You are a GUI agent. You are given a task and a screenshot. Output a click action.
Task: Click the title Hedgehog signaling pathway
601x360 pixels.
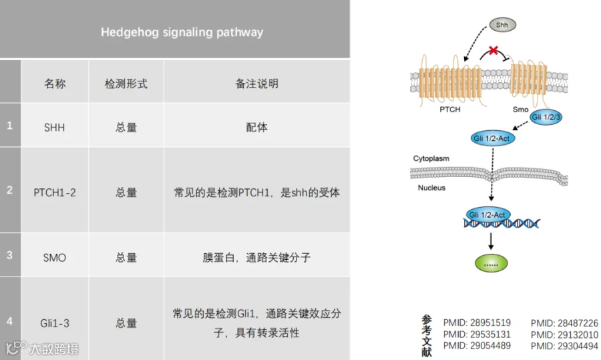(182, 32)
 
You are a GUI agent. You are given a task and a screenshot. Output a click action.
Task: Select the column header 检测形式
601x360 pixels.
(126, 83)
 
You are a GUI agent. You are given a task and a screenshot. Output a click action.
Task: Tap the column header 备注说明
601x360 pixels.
(257, 83)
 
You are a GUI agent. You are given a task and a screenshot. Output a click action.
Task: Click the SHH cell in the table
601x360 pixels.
(55, 127)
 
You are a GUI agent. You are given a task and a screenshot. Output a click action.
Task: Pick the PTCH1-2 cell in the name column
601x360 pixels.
(55, 192)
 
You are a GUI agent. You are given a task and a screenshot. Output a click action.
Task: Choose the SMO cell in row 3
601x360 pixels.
(55, 257)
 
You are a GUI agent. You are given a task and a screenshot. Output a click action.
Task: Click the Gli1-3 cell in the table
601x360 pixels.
(55, 323)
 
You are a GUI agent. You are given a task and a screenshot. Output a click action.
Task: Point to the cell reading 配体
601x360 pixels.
(257, 127)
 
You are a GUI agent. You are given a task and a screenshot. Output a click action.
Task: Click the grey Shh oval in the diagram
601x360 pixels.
(502, 25)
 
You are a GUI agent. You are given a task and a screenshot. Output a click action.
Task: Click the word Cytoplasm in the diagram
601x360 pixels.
(431, 158)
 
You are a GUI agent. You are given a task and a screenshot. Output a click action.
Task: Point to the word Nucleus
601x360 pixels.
(431, 188)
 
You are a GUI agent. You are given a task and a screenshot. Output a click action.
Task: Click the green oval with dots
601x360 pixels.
(491, 263)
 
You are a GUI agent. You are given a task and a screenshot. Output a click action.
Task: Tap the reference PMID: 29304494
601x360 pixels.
(564, 346)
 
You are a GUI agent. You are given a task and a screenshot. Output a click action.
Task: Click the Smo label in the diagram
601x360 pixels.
(520, 110)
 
